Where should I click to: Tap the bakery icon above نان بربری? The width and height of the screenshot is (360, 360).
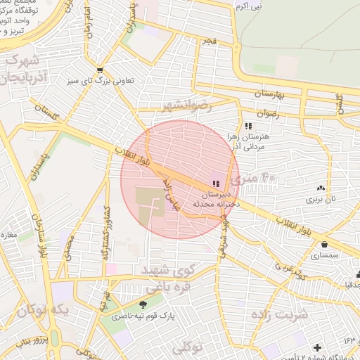(x=321, y=188)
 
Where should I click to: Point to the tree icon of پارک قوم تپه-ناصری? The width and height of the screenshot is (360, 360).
(x=143, y=304)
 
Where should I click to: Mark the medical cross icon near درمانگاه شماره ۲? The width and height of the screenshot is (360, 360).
(x=319, y=347)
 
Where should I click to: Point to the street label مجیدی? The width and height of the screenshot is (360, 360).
(x=68, y=250)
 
